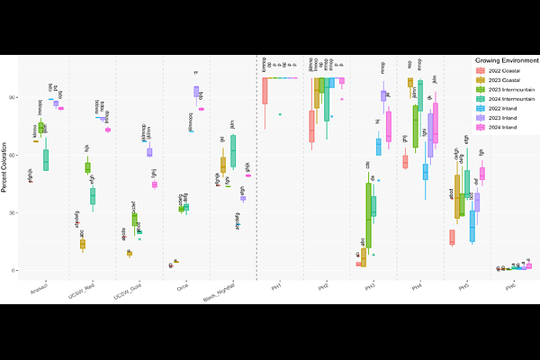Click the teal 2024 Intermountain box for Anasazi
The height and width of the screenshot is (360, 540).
click(x=46, y=159)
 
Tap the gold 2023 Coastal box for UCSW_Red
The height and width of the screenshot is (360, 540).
click(x=82, y=243)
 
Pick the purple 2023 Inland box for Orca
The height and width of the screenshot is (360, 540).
click(x=196, y=91)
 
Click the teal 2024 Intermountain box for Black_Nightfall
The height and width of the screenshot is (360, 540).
click(x=234, y=150)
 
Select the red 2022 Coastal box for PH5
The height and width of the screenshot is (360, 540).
click(x=452, y=237)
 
